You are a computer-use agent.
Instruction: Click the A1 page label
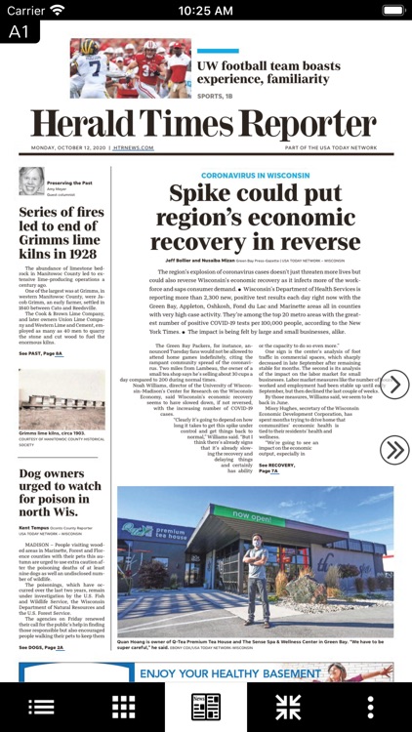click(x=20, y=31)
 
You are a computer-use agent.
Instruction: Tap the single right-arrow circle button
click(x=393, y=386)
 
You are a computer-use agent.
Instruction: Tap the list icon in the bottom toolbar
click(x=41, y=707)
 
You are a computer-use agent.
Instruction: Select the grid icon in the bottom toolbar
click(x=123, y=707)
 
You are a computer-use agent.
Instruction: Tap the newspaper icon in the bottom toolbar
click(x=205, y=707)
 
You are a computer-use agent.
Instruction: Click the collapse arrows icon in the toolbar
click(x=288, y=707)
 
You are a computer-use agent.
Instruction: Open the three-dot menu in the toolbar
click(x=370, y=707)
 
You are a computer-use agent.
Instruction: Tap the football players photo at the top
click(x=130, y=67)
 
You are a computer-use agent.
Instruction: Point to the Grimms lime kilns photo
click(x=62, y=398)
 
